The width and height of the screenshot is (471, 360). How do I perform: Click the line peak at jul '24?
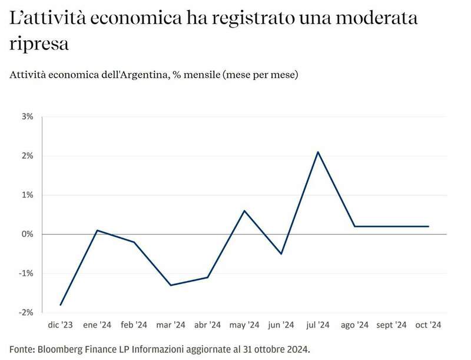click(318, 152)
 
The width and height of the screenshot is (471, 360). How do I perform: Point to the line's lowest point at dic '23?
click(60, 305)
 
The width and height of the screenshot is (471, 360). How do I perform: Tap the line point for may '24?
click(244, 210)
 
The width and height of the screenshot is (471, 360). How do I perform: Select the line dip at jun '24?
click(281, 254)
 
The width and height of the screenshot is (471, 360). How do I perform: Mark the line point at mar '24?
click(171, 285)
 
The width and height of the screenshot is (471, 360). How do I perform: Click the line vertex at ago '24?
click(355, 226)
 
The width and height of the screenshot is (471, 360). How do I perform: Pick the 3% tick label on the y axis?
click(28, 117)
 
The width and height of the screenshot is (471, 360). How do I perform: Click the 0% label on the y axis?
click(28, 234)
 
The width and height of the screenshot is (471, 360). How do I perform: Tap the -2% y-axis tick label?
click(26, 312)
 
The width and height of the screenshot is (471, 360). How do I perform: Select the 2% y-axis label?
click(28, 156)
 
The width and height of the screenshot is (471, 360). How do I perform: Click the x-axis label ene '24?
click(97, 325)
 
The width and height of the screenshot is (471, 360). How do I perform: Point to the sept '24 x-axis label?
click(392, 325)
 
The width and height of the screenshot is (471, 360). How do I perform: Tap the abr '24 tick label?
click(207, 325)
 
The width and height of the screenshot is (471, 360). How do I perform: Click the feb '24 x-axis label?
click(134, 325)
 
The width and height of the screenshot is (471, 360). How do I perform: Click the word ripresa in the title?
click(39, 44)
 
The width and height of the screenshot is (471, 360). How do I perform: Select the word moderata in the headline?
click(379, 18)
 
